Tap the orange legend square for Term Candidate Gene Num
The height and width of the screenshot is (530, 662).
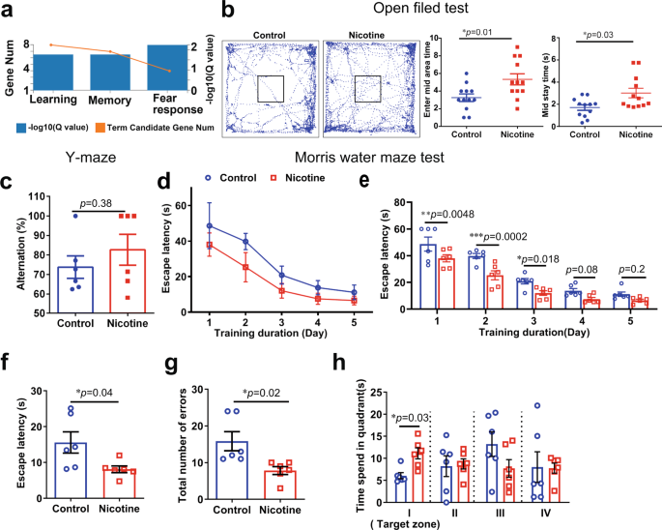[117, 128]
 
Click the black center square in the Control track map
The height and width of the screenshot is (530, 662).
[270, 89]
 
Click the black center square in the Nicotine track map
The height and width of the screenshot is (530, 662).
[367, 89]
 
